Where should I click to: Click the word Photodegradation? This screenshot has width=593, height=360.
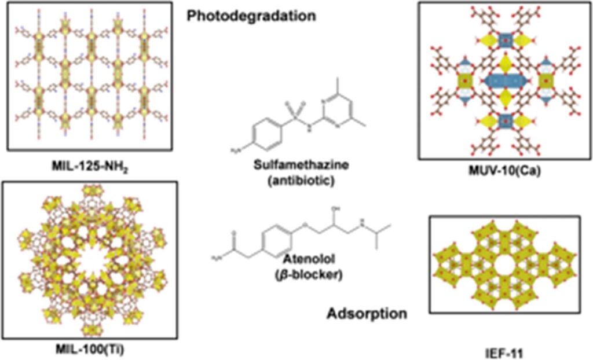coord(251,16)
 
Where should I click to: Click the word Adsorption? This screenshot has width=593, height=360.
coord(366,314)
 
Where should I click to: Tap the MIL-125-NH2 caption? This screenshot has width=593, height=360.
coord(90,168)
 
